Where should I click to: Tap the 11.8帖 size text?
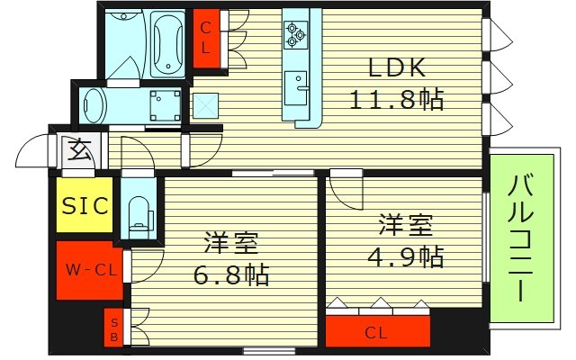(396, 99)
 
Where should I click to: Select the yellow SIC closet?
(85, 205)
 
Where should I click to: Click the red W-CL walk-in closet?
(87, 269)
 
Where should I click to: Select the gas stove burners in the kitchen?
(296, 35)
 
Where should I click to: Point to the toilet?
(138, 213)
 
